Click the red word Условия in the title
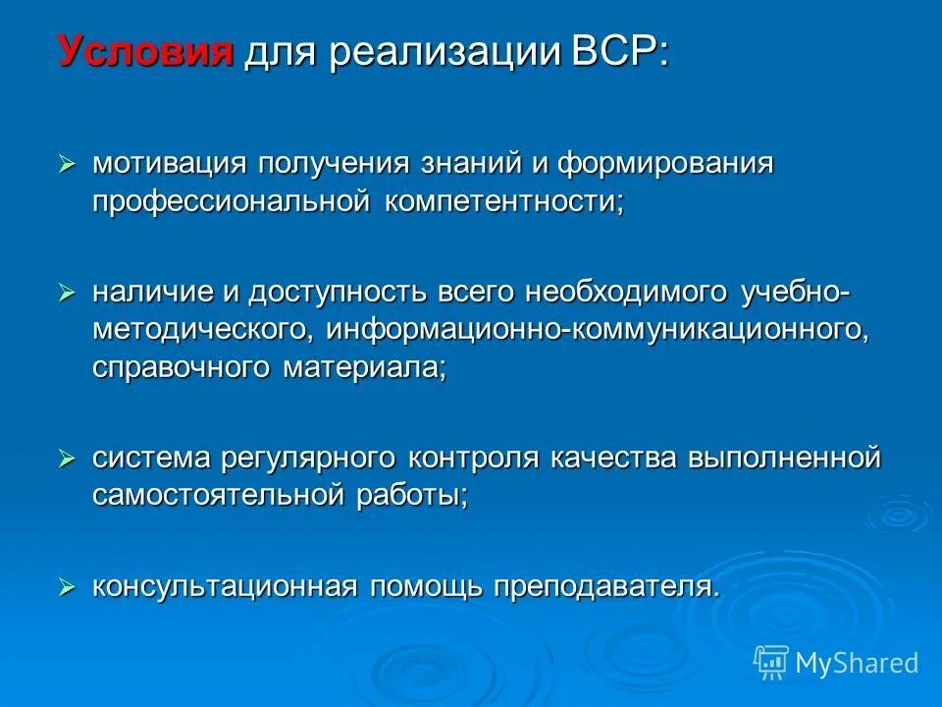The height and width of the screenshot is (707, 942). point(146,50)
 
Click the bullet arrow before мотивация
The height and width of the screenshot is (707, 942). point(67,162)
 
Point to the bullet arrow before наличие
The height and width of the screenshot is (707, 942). point(67,293)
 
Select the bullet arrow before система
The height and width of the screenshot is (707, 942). point(67,458)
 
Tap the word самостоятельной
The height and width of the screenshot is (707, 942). point(219,495)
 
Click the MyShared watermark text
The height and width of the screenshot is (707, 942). point(857,663)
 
